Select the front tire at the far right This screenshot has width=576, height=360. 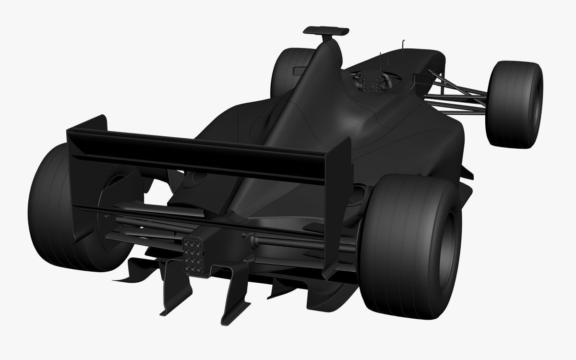(x=514, y=103)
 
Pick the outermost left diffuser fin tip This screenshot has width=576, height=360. (x=118, y=277)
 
